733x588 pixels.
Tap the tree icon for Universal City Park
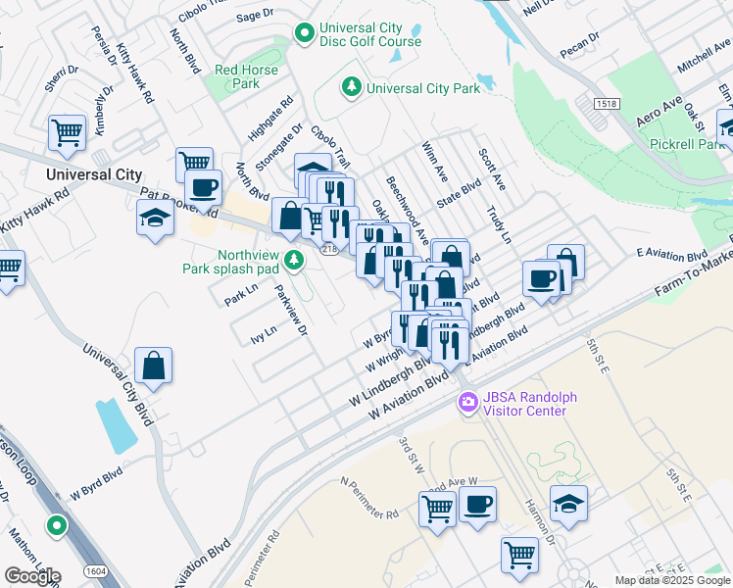(352, 88)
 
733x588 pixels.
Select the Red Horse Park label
(247, 76)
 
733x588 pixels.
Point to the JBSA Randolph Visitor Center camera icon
(468, 403)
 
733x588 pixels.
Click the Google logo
(32, 575)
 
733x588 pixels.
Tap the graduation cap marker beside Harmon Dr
(569, 504)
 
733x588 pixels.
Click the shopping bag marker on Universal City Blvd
(154, 367)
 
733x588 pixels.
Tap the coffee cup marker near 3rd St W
(477, 506)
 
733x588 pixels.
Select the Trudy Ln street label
(500, 224)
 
